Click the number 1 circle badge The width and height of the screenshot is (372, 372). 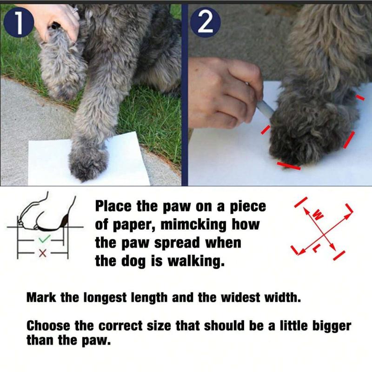point(19,22)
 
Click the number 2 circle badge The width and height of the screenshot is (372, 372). point(206,22)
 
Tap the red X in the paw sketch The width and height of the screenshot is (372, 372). point(43,253)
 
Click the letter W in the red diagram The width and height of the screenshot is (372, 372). point(318,215)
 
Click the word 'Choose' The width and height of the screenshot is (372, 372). point(48,325)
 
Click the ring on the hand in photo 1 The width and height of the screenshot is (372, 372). point(75,10)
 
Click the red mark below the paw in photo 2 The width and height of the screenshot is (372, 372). point(289,166)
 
